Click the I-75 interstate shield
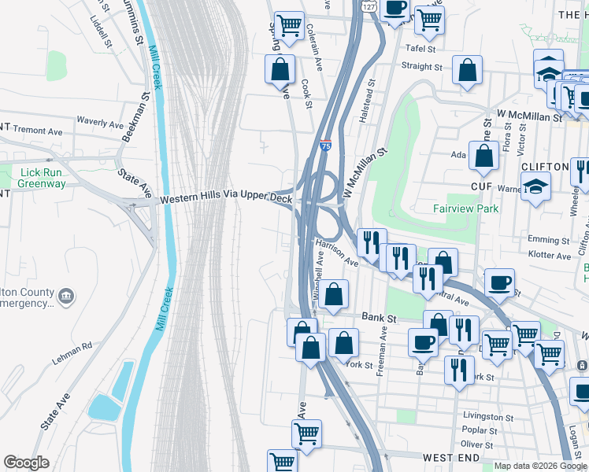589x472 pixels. [325, 146]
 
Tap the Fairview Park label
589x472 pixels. [465, 209]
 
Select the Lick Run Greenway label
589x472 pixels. [43, 178]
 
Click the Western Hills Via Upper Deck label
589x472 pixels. [226, 200]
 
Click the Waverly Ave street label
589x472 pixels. [100, 123]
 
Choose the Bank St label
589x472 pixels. [377, 317]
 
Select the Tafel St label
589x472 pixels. [420, 49]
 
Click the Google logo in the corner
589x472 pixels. [26, 463]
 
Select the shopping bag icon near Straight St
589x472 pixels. [467, 70]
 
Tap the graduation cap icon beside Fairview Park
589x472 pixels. [536, 187]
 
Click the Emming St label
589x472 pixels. [549, 240]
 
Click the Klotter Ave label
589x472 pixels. [550, 256]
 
